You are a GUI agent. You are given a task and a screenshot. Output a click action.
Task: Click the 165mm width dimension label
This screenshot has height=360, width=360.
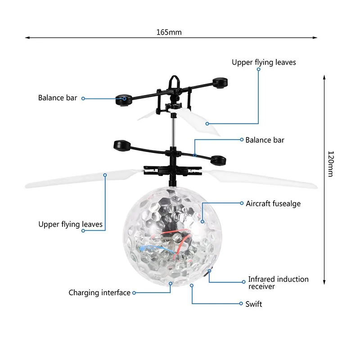(x=169, y=32)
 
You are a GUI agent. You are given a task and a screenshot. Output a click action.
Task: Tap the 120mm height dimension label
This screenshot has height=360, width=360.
(x=331, y=164)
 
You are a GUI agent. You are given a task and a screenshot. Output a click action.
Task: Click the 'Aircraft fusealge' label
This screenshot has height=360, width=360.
(x=273, y=204)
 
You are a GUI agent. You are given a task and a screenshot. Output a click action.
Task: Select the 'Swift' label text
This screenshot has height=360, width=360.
(x=253, y=304)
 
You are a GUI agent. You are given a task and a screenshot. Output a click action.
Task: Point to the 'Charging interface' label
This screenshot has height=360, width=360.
(x=99, y=293)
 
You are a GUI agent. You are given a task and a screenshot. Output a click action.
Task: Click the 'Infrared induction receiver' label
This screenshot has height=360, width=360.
(x=278, y=283)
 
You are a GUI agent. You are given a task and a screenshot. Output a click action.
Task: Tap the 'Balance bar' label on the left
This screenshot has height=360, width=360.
(x=58, y=98)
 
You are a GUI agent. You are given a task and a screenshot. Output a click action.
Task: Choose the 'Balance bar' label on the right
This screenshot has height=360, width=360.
(x=265, y=140)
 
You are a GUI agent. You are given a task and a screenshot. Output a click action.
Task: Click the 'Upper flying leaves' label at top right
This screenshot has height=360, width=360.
(x=264, y=63)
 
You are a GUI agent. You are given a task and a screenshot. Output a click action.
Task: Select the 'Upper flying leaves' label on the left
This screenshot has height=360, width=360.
(x=71, y=224)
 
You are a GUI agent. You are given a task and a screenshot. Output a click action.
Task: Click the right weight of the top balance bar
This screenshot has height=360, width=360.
(x=220, y=83)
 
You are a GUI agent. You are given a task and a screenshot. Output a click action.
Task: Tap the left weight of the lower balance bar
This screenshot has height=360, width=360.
(x=122, y=145)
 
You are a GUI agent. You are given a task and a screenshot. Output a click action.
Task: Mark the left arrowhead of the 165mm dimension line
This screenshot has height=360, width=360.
(x=27, y=37)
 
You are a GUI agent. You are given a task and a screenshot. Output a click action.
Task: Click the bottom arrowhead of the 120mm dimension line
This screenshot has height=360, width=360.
(x=324, y=282)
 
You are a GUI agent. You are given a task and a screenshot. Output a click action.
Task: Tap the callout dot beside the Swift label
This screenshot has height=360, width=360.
(x=241, y=303)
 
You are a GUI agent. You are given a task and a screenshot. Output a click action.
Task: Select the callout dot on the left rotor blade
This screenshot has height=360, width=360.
(x=105, y=175)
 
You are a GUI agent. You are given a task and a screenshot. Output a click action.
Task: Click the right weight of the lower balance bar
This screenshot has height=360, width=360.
(x=218, y=160)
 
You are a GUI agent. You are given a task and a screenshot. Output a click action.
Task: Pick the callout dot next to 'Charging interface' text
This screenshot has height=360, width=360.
(x=134, y=293)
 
